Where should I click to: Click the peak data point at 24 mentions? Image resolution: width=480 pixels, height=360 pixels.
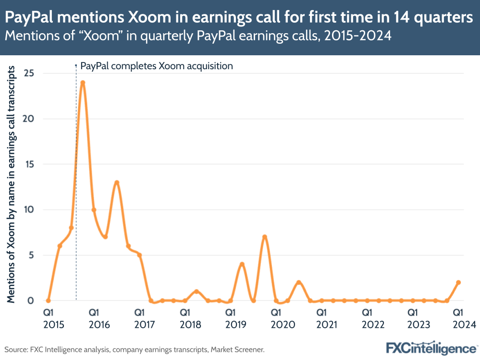click(83, 82)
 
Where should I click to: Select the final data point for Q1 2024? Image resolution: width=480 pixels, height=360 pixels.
click(458, 282)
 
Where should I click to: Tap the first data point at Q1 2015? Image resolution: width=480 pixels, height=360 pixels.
click(48, 300)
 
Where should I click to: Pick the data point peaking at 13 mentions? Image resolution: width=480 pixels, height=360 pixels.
click(117, 182)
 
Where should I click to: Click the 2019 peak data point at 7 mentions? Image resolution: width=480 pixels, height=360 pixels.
click(265, 237)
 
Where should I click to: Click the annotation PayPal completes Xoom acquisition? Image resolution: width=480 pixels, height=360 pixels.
click(156, 66)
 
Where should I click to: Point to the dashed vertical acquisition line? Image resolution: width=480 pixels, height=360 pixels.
click(76, 192)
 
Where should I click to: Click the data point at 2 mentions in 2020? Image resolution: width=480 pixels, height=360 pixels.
click(299, 282)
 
